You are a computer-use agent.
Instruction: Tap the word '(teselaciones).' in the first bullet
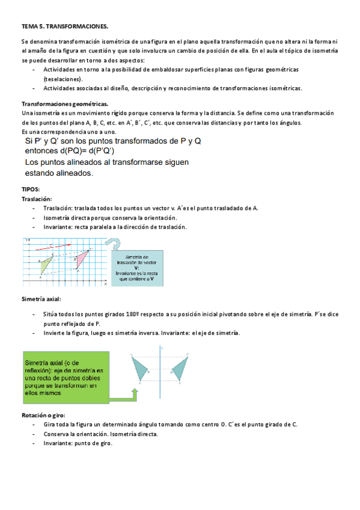coord(63,79)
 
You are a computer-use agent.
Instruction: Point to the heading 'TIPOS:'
coord(30,189)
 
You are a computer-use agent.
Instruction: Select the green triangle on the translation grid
coord(44,264)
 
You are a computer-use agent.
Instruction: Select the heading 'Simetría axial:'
coord(41,299)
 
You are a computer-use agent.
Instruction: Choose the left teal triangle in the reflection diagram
coord(140,369)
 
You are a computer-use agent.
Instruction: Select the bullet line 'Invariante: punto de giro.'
coord(78,443)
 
